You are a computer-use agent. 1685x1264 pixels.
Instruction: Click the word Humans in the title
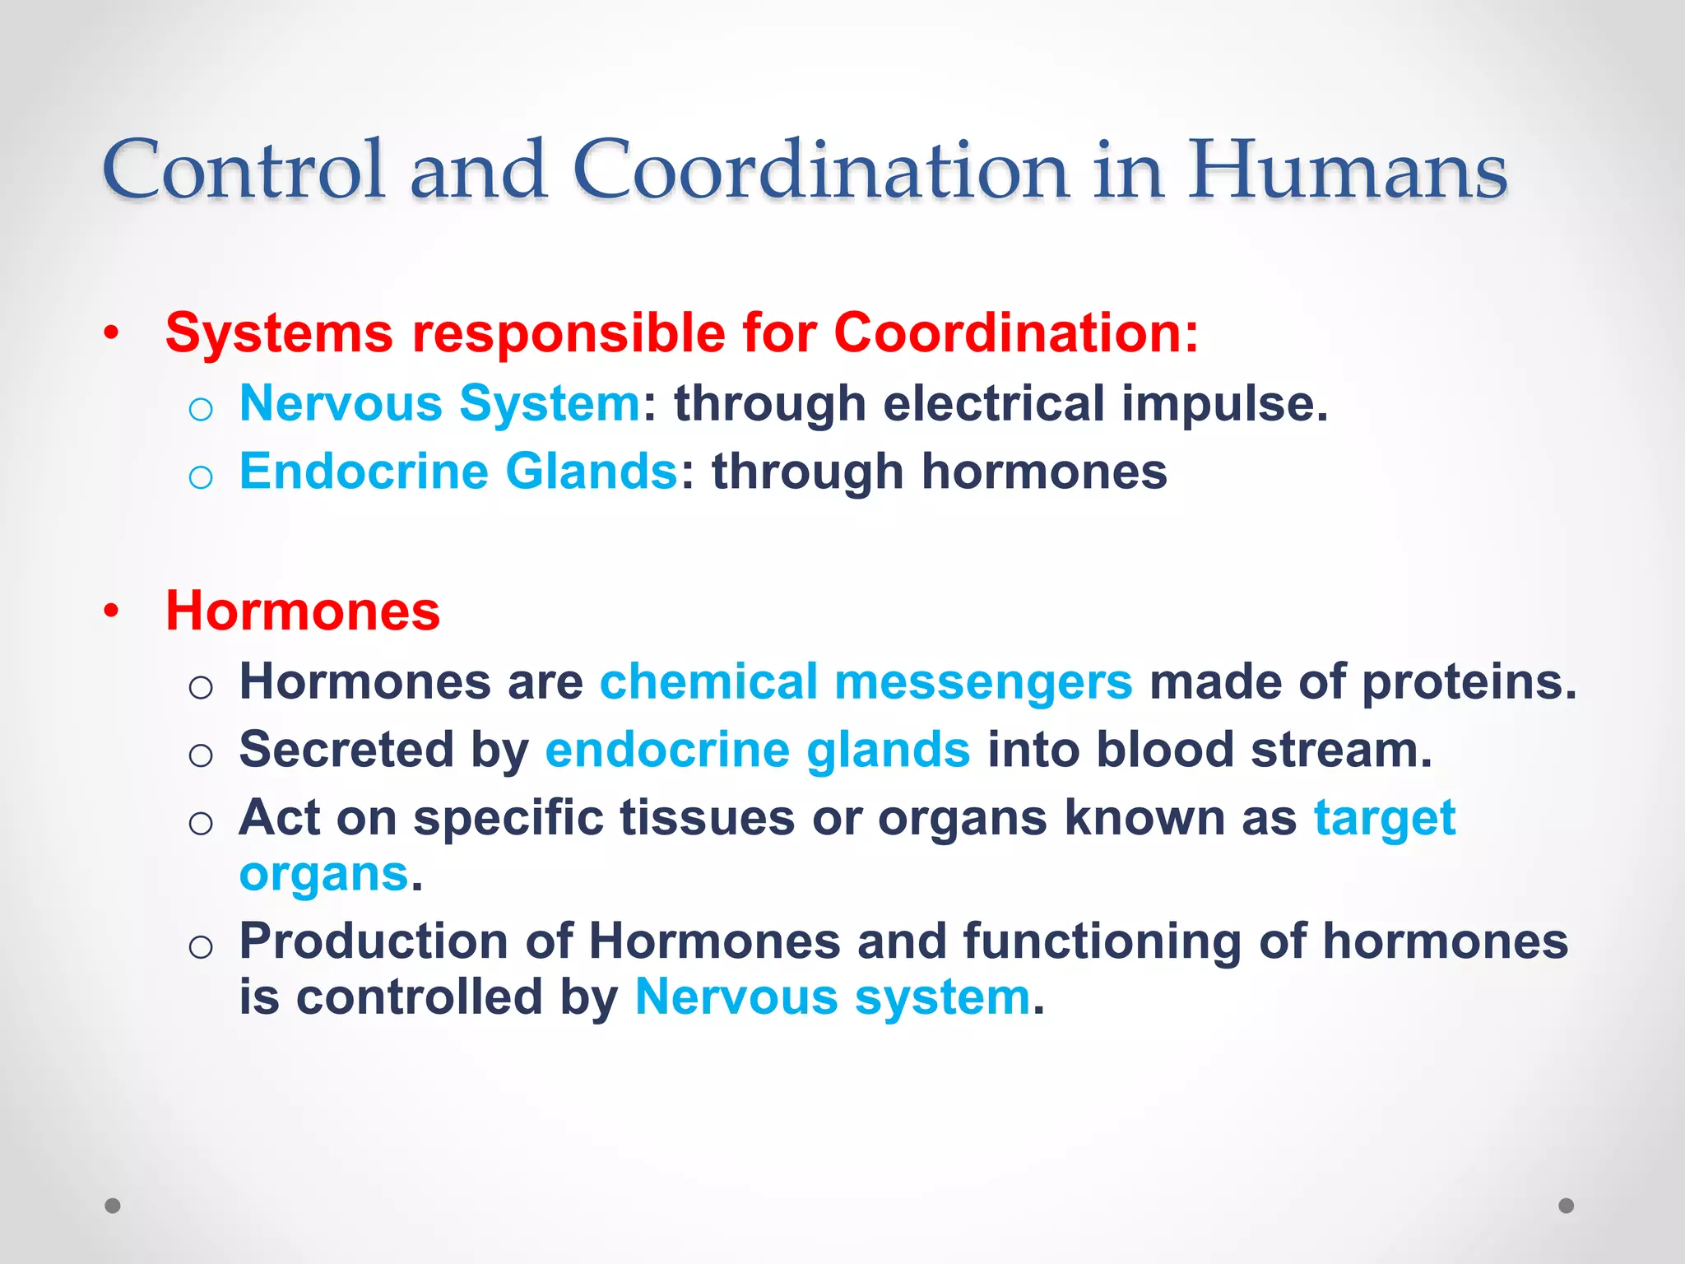click(1347, 170)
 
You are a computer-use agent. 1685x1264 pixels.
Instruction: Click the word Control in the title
click(244, 170)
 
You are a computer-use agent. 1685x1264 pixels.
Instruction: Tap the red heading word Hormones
click(303, 611)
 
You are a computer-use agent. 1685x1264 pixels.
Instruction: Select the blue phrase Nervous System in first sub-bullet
click(439, 403)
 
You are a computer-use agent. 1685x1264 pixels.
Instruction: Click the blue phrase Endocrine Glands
click(458, 472)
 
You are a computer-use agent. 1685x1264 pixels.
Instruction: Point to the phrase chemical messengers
click(866, 682)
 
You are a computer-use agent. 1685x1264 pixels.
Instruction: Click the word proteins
click(1469, 682)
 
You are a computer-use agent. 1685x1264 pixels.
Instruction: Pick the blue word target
click(1385, 818)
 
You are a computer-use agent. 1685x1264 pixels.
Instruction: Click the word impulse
click(1223, 403)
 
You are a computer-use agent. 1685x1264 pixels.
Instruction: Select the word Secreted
click(346, 750)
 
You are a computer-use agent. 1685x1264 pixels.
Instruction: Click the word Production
click(374, 941)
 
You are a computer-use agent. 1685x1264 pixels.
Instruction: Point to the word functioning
click(1102, 941)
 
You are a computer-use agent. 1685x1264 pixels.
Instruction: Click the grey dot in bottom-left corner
click(113, 1206)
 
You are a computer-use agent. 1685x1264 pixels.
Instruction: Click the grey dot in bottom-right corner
click(1567, 1206)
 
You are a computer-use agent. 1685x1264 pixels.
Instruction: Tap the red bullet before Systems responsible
click(112, 333)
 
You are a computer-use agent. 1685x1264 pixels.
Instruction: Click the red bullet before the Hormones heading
click(112, 611)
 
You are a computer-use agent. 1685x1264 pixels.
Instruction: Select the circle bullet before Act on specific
click(201, 822)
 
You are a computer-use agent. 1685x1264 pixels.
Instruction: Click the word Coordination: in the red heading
click(1016, 333)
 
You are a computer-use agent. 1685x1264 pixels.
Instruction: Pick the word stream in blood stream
click(1341, 750)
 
